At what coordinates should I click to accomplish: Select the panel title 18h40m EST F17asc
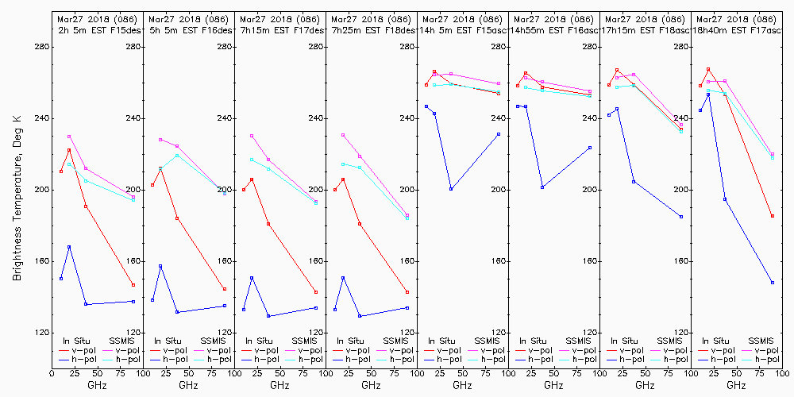point(742,29)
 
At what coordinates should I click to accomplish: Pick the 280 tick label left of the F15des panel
point(42,47)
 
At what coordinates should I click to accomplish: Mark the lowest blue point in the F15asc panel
point(451,189)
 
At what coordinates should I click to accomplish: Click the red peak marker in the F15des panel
point(69,150)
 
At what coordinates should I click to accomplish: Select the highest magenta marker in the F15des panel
point(69,137)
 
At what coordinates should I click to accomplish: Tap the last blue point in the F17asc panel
point(772,282)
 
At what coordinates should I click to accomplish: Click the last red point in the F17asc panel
point(772,216)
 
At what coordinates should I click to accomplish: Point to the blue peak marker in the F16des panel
point(160,266)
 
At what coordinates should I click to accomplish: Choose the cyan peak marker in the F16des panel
point(177,155)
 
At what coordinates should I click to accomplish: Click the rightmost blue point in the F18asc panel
point(681,217)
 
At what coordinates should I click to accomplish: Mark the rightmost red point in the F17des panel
point(316,292)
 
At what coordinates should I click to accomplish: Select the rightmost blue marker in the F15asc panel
point(499,134)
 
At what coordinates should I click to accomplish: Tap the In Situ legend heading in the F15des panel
point(77,341)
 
